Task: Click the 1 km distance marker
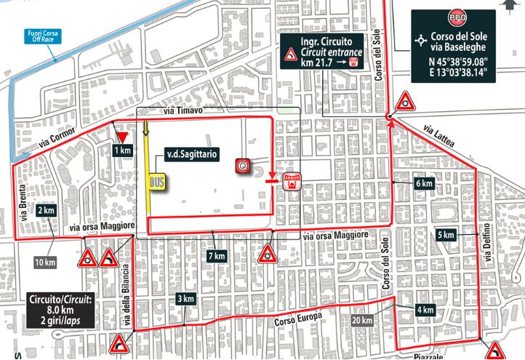point(122,150)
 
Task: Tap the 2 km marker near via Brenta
point(46,210)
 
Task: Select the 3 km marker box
point(185,299)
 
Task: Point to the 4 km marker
point(425,311)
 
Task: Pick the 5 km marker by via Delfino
point(446,235)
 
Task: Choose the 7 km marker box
point(215,257)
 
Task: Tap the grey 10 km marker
point(45,262)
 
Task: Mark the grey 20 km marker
point(361,320)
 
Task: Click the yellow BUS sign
point(156,181)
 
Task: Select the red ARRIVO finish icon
point(292,181)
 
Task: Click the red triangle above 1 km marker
point(122,137)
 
